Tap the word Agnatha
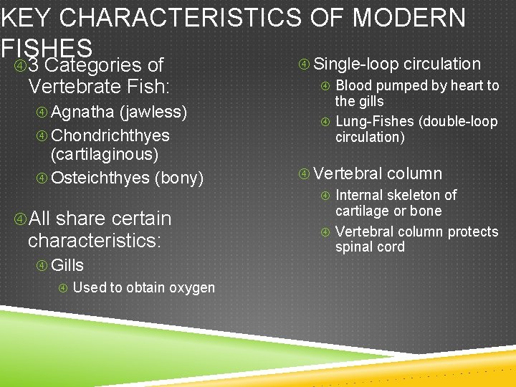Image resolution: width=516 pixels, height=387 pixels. tap(82, 113)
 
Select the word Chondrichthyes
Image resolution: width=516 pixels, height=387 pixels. tap(110, 135)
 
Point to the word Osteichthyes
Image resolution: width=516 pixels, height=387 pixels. tap(100, 177)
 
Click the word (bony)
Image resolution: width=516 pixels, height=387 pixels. tap(179, 177)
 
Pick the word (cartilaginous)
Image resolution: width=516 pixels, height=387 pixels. tap(105, 154)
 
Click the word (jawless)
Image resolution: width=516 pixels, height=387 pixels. tap(153, 113)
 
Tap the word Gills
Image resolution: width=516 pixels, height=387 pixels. tap(67, 265)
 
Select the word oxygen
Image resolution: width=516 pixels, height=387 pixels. tap(192, 287)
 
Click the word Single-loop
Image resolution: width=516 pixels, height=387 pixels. tap(356, 64)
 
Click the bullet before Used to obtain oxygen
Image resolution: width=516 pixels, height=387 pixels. tap(63, 288)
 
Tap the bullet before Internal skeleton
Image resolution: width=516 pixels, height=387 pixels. tap(326, 196)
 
